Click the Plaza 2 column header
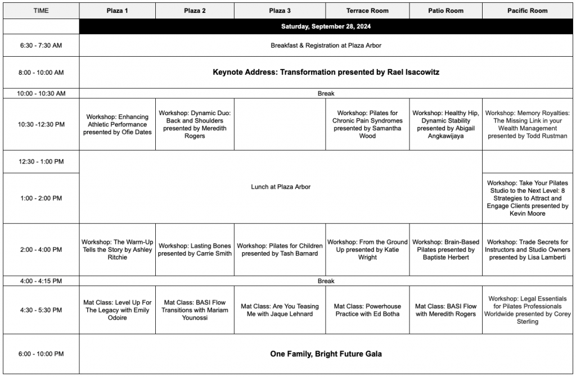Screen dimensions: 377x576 pyautogui.click(x=195, y=11)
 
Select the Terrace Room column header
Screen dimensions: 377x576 pyautogui.click(x=367, y=11)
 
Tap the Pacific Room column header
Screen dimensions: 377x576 pyautogui.click(x=527, y=11)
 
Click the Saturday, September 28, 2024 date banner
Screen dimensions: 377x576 pyautogui.click(x=326, y=26)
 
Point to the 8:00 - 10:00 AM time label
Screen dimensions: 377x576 pyautogui.click(x=40, y=72)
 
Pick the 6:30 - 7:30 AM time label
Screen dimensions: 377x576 pyautogui.click(x=40, y=46)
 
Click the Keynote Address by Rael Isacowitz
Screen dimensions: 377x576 pyautogui.click(x=326, y=72)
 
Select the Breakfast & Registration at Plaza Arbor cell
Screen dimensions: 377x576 pyautogui.click(x=326, y=46)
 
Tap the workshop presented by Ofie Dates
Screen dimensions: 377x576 pyautogui.click(x=117, y=125)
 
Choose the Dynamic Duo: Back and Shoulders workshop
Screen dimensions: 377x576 pyautogui.click(x=195, y=124)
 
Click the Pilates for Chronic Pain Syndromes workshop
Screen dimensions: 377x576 pyautogui.click(x=367, y=124)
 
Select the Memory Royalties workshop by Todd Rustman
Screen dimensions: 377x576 pyautogui.click(x=527, y=124)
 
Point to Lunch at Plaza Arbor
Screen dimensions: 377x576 pyautogui.click(x=280, y=187)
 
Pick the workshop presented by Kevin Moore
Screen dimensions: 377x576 pyautogui.click(x=527, y=198)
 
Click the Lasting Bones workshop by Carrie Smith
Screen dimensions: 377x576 pyautogui.click(x=195, y=249)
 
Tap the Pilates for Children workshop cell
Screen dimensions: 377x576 pyautogui.click(x=280, y=249)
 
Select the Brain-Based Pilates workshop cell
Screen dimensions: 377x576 pyautogui.click(x=445, y=249)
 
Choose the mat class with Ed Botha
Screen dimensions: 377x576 pyautogui.click(x=367, y=310)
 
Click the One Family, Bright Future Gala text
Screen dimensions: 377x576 pyautogui.click(x=326, y=354)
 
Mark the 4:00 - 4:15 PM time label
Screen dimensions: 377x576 pyautogui.click(x=40, y=281)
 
